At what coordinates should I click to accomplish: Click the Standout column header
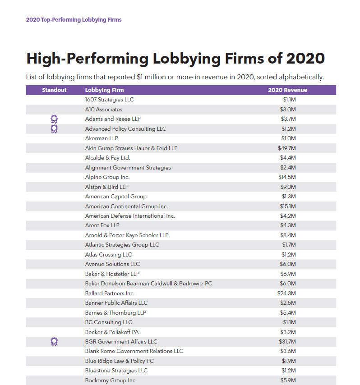click(x=54, y=90)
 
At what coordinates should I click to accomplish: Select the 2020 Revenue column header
click(x=287, y=90)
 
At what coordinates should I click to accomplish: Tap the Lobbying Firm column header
click(x=105, y=90)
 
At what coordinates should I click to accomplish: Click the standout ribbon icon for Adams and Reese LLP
click(x=54, y=119)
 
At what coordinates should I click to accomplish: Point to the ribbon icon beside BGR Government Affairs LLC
click(x=54, y=342)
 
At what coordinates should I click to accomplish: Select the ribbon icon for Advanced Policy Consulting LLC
click(x=54, y=129)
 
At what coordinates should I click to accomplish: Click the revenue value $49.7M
click(x=287, y=148)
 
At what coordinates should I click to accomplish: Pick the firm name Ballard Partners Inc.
click(x=110, y=293)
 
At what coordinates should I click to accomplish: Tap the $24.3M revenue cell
click(x=286, y=293)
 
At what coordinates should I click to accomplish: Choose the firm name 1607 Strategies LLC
click(x=109, y=100)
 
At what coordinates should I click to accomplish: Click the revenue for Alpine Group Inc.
click(x=287, y=177)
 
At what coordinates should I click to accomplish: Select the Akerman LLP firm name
click(x=102, y=138)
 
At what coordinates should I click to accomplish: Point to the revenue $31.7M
click(x=287, y=342)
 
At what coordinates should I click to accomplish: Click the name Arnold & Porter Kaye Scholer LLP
click(x=127, y=235)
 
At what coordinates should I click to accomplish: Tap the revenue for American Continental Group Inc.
click(x=288, y=206)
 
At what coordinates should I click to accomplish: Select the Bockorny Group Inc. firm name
click(x=111, y=380)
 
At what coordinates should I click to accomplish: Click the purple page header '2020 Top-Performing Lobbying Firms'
click(x=74, y=20)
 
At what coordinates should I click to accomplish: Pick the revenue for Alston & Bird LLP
click(x=288, y=187)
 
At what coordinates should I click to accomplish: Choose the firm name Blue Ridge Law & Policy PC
click(x=119, y=361)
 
